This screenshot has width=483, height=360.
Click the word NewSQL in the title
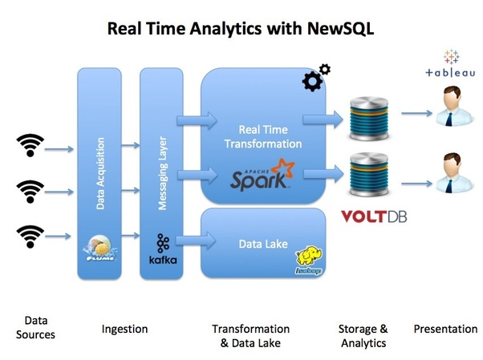340,28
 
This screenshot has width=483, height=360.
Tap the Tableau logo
450,63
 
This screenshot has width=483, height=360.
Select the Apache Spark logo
262,174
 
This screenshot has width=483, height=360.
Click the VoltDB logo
374,216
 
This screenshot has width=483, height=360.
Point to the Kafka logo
163,249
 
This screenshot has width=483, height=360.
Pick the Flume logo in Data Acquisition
100,249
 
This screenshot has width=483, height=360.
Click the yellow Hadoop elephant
309,260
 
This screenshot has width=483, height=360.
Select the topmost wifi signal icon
30,145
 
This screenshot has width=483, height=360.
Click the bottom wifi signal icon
30,237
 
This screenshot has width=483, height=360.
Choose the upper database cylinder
369,118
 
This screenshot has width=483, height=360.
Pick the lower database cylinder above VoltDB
369,175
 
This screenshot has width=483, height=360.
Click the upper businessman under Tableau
454,107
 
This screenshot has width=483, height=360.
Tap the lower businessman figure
454,173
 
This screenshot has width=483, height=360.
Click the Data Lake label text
263,245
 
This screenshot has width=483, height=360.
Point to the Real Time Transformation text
263,137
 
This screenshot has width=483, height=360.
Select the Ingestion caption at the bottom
124,330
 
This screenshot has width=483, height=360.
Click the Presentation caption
445,329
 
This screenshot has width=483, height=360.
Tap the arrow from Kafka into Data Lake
196,241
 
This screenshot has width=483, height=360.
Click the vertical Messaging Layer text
162,173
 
